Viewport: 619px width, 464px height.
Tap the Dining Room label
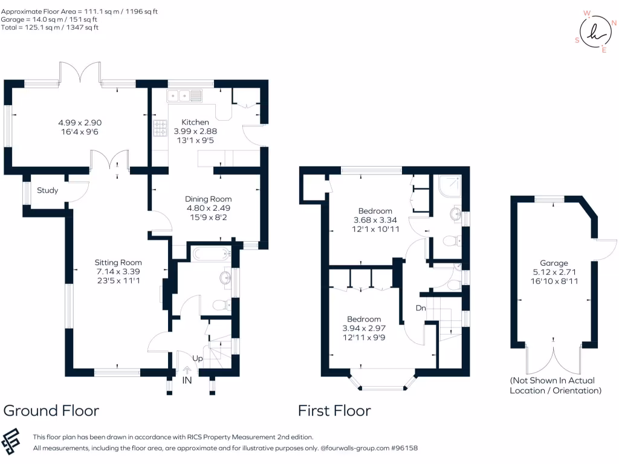point(208,199)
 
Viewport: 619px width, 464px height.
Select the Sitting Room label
point(118,262)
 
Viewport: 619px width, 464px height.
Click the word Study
point(48,191)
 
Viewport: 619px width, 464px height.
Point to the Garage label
point(554,263)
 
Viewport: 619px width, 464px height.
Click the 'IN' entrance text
point(187,381)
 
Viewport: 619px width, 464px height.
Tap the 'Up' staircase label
point(198,358)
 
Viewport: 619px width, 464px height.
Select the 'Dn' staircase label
point(421,308)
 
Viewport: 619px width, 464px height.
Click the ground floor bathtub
point(209,254)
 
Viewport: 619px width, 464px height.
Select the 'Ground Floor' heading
point(51,411)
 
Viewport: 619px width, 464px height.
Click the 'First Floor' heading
point(334,411)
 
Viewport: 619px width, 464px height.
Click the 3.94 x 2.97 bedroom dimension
point(364,329)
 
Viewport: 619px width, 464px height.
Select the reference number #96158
point(404,448)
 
